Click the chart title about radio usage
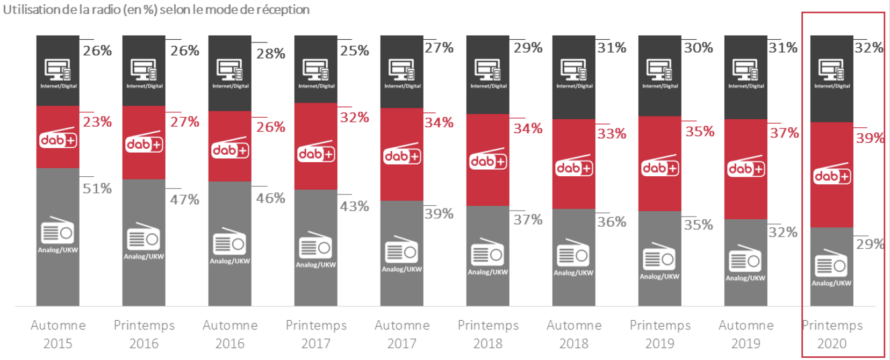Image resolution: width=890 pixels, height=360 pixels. (x=156, y=10)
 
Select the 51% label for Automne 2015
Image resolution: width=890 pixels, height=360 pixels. (x=97, y=189)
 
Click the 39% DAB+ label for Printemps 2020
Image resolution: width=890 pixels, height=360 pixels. (x=870, y=138)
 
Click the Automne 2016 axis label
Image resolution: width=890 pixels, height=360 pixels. (x=230, y=334)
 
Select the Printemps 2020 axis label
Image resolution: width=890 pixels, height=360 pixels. (x=832, y=334)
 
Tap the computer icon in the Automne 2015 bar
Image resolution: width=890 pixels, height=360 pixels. (x=58, y=70)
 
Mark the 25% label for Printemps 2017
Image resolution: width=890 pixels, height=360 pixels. (x=355, y=51)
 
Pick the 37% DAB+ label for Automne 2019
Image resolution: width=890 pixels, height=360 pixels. (x=784, y=133)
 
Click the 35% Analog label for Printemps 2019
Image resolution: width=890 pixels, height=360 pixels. (x=698, y=225)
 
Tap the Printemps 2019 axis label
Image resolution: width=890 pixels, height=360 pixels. (x=660, y=334)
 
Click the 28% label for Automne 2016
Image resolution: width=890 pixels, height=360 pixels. (x=270, y=54)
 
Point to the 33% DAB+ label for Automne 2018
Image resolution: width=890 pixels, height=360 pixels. (x=612, y=134)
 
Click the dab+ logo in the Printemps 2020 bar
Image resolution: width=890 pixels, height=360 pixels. (x=832, y=175)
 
